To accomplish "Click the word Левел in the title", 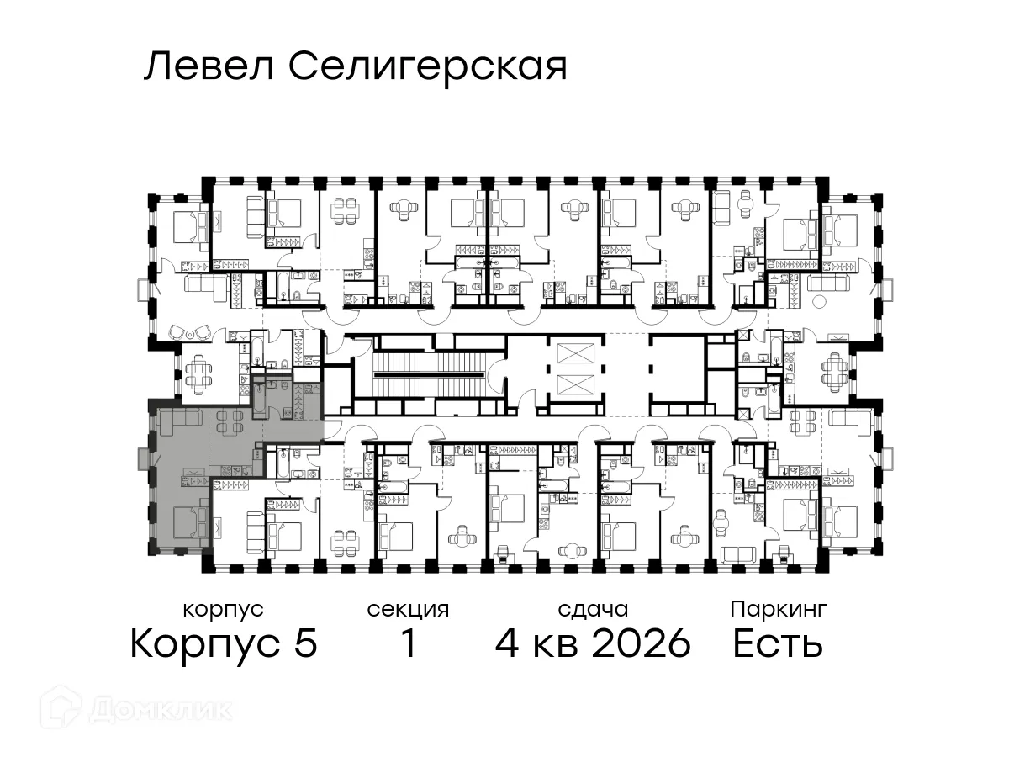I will [210, 66].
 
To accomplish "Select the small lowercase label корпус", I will [223, 609].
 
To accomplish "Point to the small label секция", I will [408, 609].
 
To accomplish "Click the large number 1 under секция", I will [408, 644].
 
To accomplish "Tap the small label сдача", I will [593, 609].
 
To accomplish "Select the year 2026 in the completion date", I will [642, 644].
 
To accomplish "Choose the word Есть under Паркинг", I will [777, 644].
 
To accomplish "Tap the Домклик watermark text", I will [160, 710].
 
